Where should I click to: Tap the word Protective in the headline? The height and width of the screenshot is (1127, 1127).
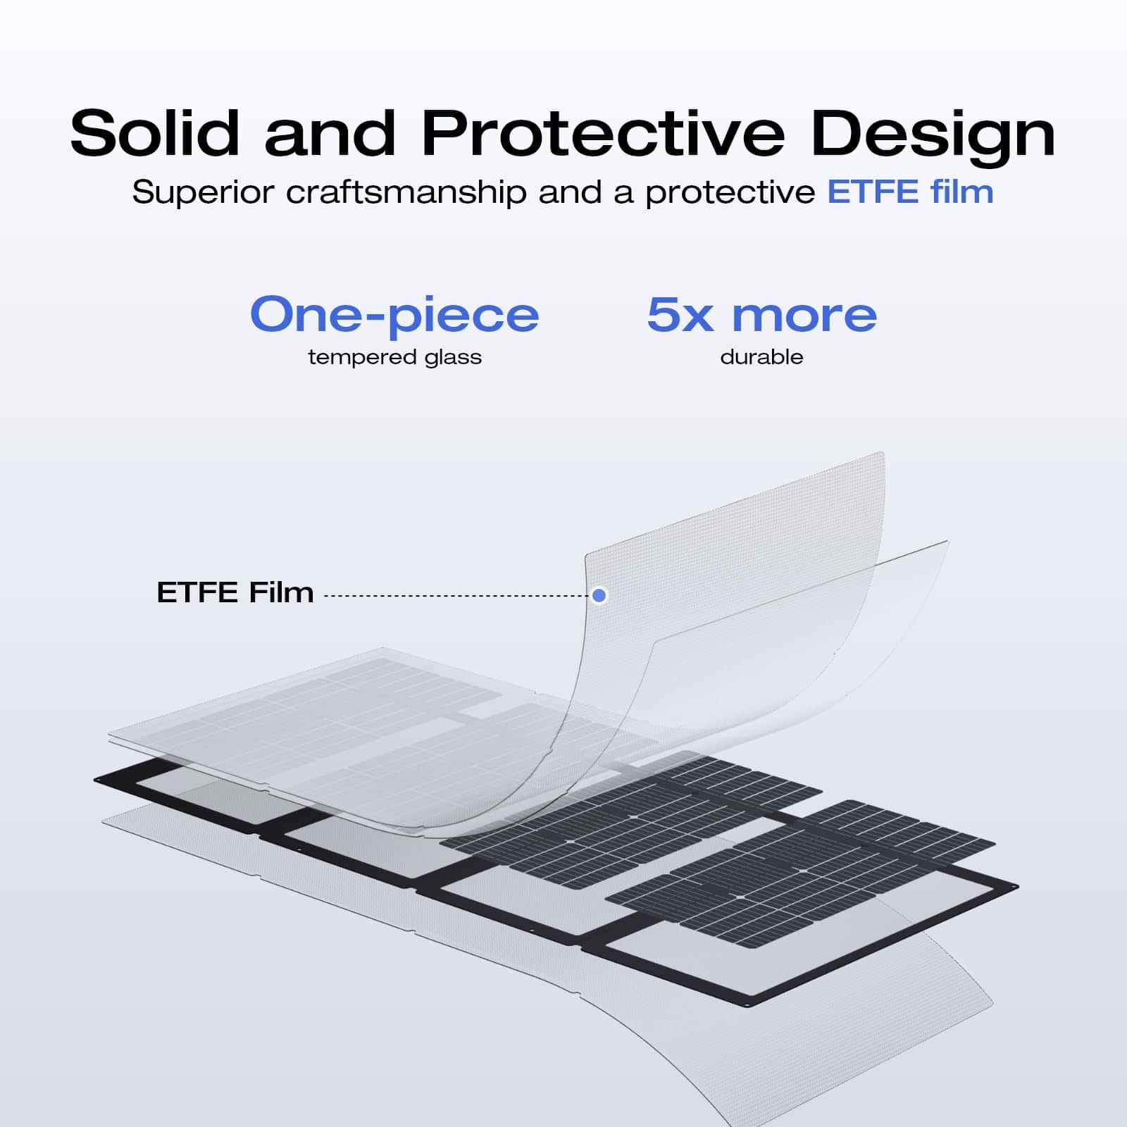603,133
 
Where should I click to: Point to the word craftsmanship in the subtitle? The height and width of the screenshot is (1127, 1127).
406,192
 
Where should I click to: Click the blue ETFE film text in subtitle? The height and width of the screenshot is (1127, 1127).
910,192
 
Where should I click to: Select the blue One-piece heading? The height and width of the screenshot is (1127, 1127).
394,315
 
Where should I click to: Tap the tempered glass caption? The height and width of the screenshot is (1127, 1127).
394,357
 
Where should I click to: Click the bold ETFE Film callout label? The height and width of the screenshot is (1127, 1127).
235,592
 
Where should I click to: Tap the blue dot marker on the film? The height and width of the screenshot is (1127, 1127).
599,595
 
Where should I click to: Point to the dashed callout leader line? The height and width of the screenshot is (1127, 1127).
458,595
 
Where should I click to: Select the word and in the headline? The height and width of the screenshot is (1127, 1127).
330,133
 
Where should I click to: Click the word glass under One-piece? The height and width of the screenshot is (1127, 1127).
453,357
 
